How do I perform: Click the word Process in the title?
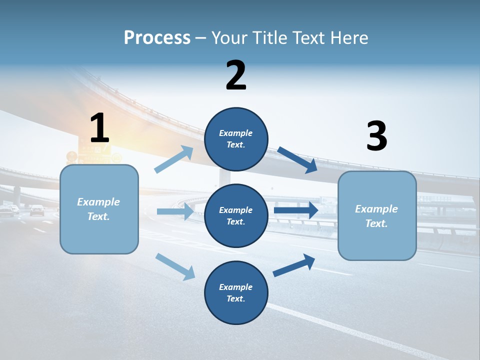point(157,37)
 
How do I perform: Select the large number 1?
point(99,128)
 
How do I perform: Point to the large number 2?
point(236,75)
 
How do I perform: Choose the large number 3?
point(376,136)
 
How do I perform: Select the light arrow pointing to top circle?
point(174,159)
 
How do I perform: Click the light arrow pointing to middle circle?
point(175,211)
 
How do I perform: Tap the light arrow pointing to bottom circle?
point(175,266)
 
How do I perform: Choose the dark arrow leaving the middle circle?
point(295,210)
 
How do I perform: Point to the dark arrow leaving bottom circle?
point(294,265)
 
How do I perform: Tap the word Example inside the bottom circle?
point(236,287)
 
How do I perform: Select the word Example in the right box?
point(376,209)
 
